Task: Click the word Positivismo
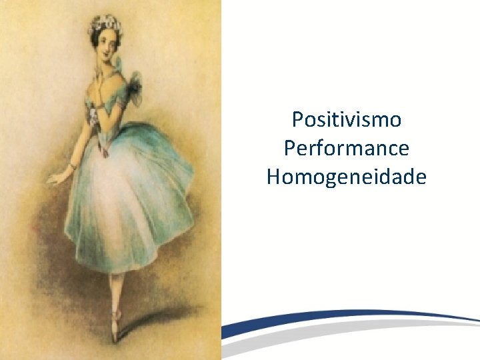coord(347,120)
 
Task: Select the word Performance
coord(347,149)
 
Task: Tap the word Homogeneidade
coord(347,177)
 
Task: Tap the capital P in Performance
coord(289,149)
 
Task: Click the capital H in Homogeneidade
coord(273,177)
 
